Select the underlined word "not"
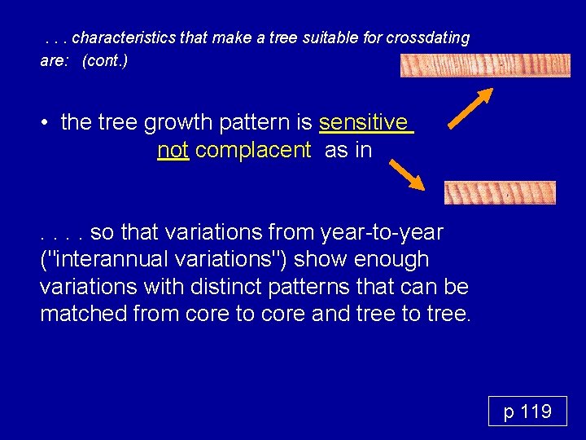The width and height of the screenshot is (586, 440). click(173, 150)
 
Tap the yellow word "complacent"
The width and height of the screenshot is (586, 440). click(253, 150)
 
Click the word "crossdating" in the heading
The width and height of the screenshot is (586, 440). click(426, 38)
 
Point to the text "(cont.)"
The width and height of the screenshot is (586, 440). click(105, 61)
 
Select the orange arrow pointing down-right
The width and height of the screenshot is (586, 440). click(406, 174)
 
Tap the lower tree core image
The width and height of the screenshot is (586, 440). click(500, 192)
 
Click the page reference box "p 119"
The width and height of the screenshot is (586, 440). click(527, 411)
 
